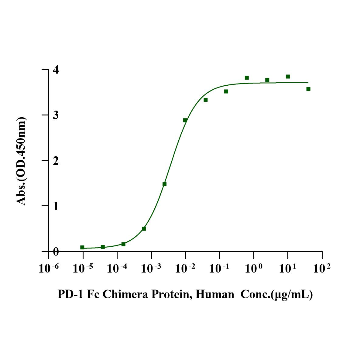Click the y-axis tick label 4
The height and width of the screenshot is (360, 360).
point(56,70)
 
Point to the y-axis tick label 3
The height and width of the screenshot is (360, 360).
point(56,115)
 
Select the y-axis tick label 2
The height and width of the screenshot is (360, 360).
point(56,161)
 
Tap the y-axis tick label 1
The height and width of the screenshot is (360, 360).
point(56,206)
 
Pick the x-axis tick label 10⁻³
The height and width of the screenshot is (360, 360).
point(151,268)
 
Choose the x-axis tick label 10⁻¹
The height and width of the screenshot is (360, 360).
point(220,268)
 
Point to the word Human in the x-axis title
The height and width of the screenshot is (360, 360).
point(215,294)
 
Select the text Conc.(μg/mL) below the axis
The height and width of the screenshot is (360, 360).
point(276,294)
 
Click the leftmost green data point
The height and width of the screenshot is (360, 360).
point(82,247)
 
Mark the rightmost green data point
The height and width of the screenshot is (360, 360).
point(308,89)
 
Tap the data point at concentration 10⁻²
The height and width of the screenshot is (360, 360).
point(185,120)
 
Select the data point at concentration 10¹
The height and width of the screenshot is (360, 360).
point(288,77)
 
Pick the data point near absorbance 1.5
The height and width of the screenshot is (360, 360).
point(164,184)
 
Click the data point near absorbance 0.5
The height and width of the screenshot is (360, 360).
point(144,228)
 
